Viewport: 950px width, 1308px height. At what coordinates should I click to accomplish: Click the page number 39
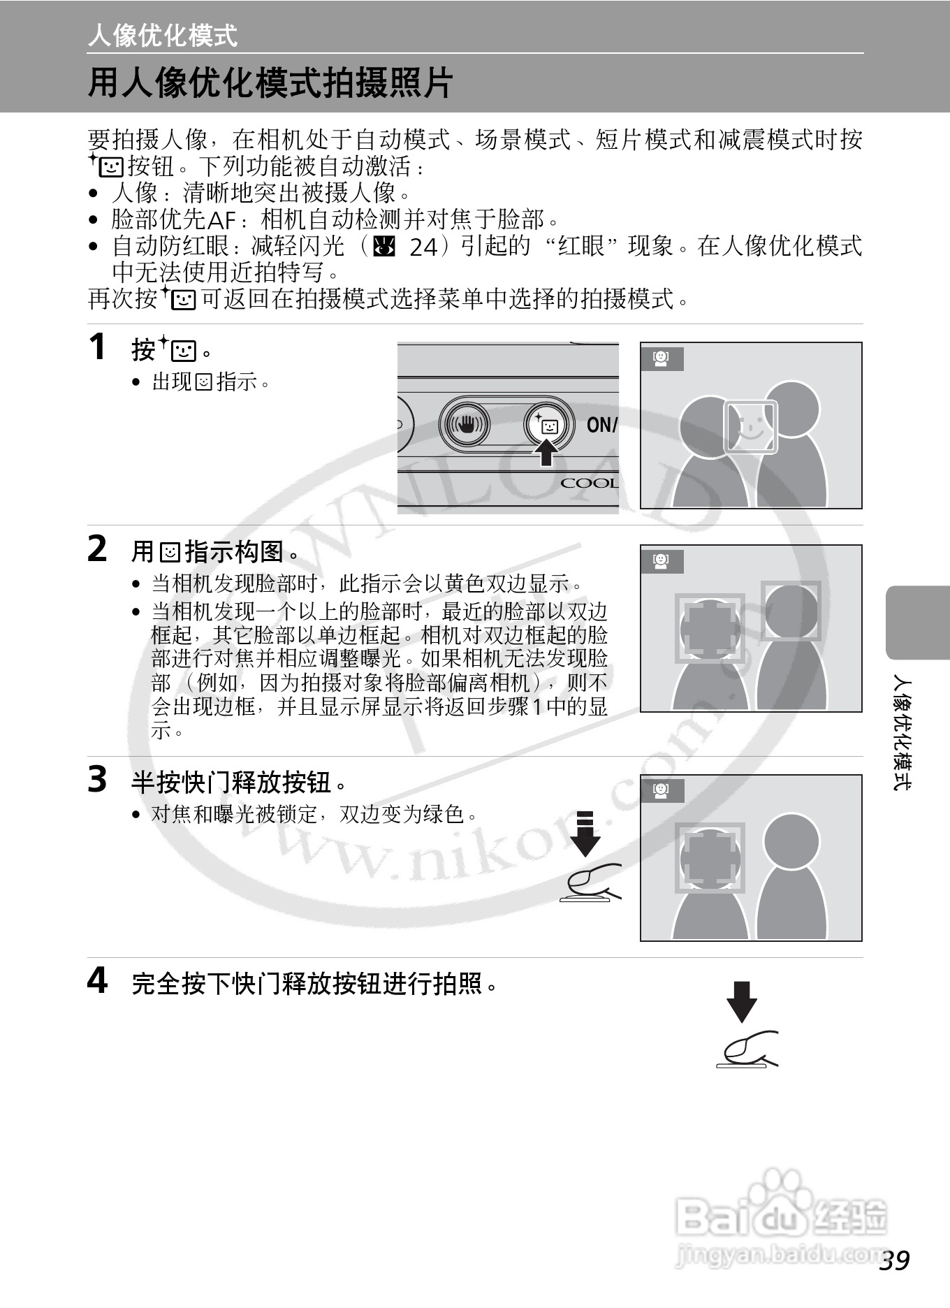coord(895,1260)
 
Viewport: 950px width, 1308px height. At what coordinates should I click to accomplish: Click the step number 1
coord(98,347)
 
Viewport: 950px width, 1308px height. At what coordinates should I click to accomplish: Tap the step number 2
coord(97,548)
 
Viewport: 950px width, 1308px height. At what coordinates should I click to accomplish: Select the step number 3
coord(97,779)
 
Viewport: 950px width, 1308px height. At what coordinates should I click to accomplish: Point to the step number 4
coord(97,980)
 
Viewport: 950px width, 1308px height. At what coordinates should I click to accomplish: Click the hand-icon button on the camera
coord(465,424)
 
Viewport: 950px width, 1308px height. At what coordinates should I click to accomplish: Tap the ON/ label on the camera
coord(601,424)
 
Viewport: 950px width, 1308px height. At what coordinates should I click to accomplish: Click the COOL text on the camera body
coord(589,484)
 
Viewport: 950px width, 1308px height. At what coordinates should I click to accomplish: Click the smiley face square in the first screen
coord(750,426)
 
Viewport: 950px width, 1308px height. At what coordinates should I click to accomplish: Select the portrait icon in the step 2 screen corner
coord(661,561)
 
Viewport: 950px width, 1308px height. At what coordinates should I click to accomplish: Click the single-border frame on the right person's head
coord(791,611)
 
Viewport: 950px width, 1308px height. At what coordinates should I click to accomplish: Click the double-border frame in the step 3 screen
coord(710,857)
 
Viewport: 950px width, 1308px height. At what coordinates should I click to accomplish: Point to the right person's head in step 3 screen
coord(791,841)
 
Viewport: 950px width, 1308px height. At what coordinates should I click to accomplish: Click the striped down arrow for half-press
coord(585,834)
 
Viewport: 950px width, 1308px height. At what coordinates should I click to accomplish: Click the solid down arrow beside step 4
coord(742,1001)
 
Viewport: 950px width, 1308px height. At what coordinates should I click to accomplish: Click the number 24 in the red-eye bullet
coord(423,247)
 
